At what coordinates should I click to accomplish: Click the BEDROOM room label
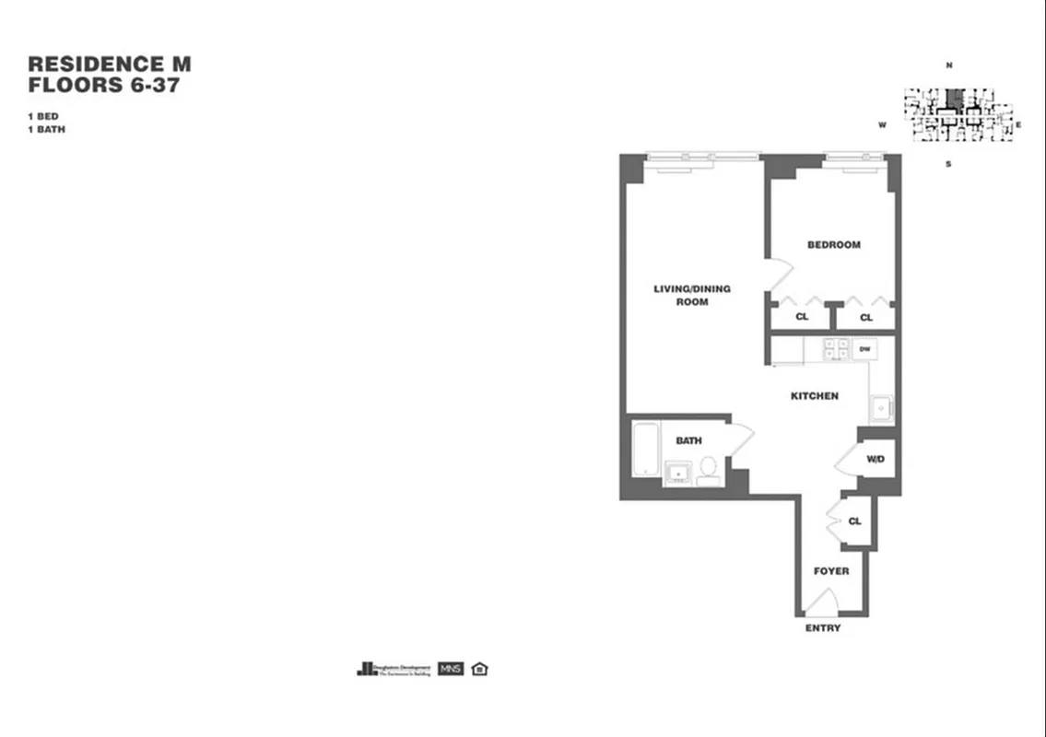(x=833, y=245)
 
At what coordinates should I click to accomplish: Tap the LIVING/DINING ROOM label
(x=692, y=295)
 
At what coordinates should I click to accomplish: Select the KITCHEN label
(x=815, y=396)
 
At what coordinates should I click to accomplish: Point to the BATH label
(x=688, y=441)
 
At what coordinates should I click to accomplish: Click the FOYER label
(x=830, y=571)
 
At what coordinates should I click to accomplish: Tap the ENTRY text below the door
(x=822, y=628)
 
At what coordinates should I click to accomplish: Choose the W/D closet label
(x=876, y=459)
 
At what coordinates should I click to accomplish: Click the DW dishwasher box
(x=864, y=349)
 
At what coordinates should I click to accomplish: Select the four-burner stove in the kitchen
(x=836, y=348)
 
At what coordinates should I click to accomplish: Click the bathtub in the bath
(x=645, y=450)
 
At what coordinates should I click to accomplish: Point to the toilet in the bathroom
(x=708, y=469)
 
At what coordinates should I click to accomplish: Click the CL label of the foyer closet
(x=854, y=521)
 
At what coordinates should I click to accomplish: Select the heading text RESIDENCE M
(x=110, y=64)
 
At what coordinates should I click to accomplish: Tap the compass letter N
(x=948, y=65)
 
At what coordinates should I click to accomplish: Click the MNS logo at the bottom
(x=451, y=669)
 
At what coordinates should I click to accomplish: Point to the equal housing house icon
(x=479, y=669)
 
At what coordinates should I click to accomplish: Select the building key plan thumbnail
(x=958, y=114)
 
